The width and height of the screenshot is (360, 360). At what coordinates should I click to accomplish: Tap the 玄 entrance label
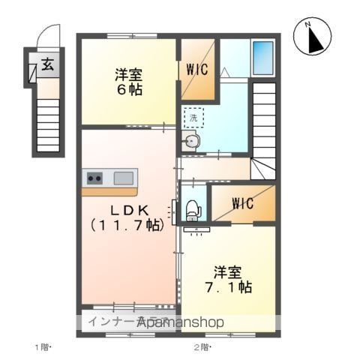47,65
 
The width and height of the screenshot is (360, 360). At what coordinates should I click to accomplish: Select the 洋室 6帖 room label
128,82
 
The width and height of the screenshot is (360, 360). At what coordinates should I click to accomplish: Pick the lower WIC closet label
242,203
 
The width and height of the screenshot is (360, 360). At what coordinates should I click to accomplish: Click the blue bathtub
263,55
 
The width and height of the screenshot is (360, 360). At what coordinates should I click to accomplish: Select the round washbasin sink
192,141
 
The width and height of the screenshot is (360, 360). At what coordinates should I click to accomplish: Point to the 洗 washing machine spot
193,117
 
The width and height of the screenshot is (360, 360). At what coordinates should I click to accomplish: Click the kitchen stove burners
95,178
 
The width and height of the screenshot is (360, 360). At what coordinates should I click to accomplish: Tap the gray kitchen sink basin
124,178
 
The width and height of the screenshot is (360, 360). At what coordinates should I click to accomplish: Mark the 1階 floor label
41,346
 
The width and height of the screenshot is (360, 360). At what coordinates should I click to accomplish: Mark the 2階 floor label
202,346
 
